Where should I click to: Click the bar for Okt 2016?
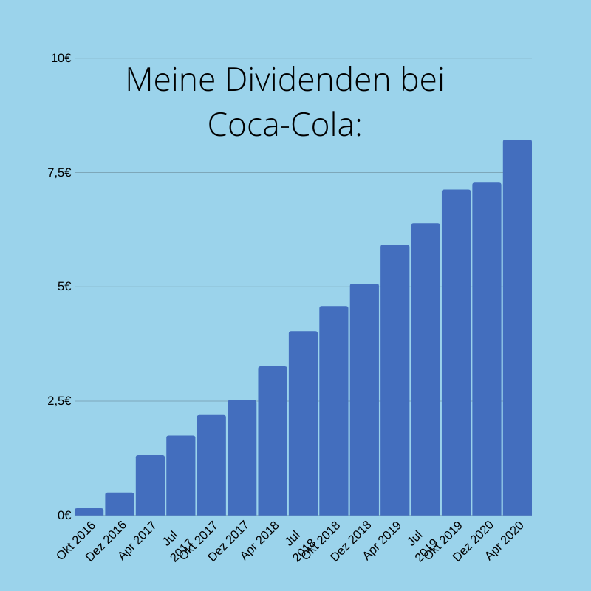(x=89, y=511)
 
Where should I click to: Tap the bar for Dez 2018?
(x=364, y=399)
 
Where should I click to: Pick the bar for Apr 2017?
(x=150, y=485)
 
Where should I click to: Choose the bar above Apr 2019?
(x=394, y=380)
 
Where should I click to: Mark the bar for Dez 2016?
(x=120, y=504)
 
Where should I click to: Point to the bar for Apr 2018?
(x=273, y=440)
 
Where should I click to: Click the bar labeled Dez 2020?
(x=487, y=349)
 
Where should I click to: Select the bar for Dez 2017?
(x=242, y=457)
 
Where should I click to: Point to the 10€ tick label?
(x=61, y=58)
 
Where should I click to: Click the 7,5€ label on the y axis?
(x=59, y=172)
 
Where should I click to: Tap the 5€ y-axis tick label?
(x=64, y=287)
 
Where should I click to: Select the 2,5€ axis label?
(x=59, y=400)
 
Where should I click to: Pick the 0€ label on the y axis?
(x=64, y=515)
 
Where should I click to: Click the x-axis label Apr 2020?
(x=505, y=541)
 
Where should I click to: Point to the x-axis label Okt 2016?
(x=76, y=541)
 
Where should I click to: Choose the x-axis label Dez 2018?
(x=351, y=542)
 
